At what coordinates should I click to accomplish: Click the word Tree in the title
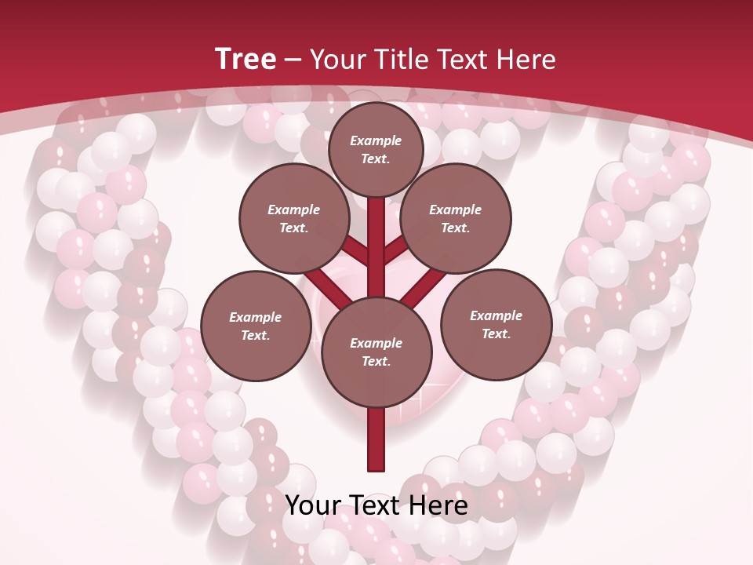246,59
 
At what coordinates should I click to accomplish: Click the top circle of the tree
376,149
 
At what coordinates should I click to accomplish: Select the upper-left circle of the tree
294,219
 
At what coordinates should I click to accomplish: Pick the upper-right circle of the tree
456,219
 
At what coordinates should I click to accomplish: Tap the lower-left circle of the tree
256,326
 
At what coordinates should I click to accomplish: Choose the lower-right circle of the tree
496,324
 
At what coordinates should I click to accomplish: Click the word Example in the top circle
376,140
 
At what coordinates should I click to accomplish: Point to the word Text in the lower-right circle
496,334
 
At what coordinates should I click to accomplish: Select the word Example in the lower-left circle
256,317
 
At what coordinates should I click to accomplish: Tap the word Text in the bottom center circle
376,361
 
